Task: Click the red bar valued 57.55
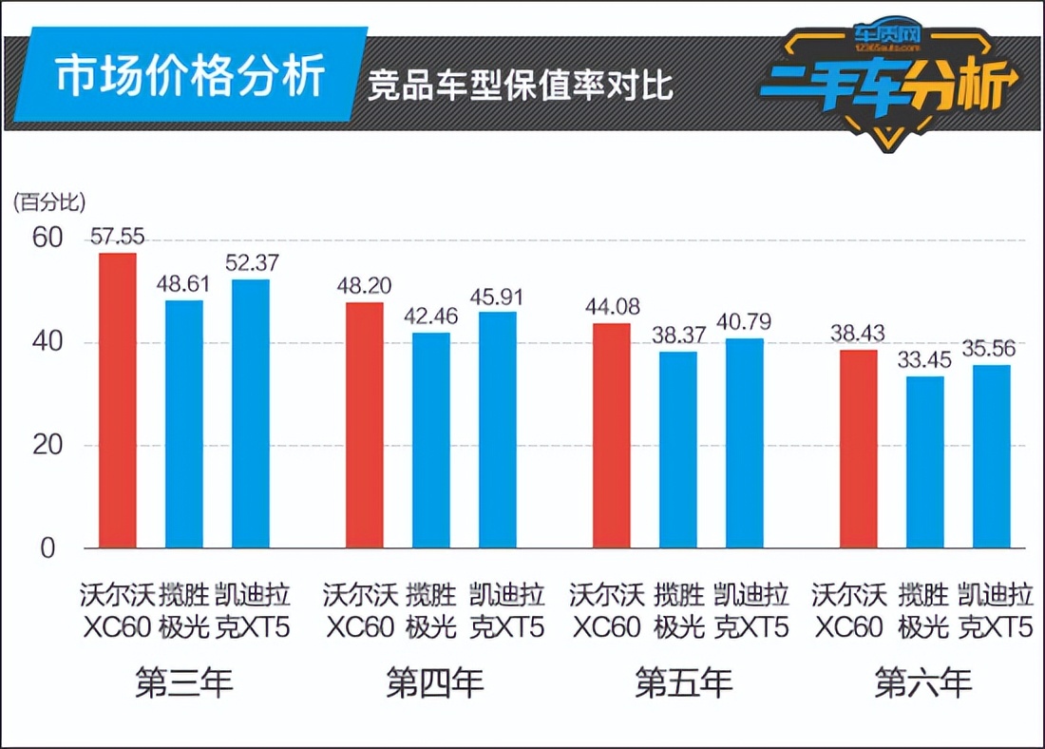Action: point(118,400)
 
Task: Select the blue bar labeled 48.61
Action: point(184,424)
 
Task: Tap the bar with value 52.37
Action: point(251,413)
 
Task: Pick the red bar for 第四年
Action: point(365,425)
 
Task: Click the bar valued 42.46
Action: point(431,440)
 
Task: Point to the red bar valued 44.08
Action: point(612,435)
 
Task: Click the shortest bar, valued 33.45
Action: point(925,462)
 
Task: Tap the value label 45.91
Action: point(498,297)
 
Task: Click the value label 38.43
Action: point(859,335)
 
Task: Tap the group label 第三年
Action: point(184,682)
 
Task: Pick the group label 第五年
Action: point(683,682)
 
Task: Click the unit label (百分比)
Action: point(49,202)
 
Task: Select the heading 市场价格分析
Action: point(190,77)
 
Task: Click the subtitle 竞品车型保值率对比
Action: point(521,85)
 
